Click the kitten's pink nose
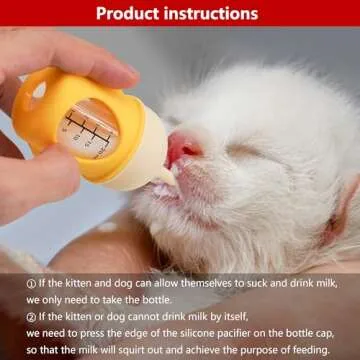pyautogui.click(x=182, y=147)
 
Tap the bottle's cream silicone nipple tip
pyautogui.click(x=168, y=176)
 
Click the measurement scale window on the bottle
pyautogui.click(x=88, y=129)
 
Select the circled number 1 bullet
pyautogui.click(x=31, y=284)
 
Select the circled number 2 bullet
pyautogui.click(x=31, y=317)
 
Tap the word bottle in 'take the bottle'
pyautogui.click(x=157, y=300)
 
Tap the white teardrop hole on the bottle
pyautogui.click(x=39, y=90)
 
